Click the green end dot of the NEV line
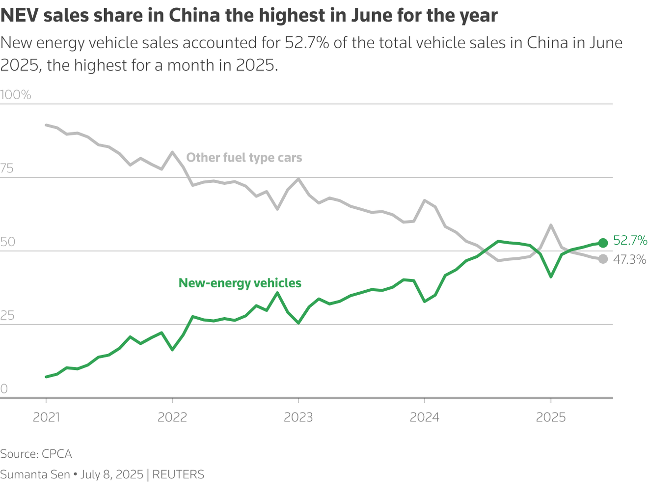(603, 243)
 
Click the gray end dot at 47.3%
(603, 259)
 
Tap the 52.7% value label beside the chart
(630, 240)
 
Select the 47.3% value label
(629, 259)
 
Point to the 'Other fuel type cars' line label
(244, 158)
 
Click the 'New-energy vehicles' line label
(240, 283)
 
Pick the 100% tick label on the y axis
(16, 95)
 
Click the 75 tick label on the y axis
(7, 168)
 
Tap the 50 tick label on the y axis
(7, 242)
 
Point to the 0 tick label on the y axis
(3, 389)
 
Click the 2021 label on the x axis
(46, 417)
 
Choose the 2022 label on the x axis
(172, 417)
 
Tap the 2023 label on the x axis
(298, 417)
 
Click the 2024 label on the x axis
(424, 417)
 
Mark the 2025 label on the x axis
(550, 417)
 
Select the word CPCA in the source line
(56, 454)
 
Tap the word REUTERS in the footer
(178, 474)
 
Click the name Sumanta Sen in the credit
(35, 474)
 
